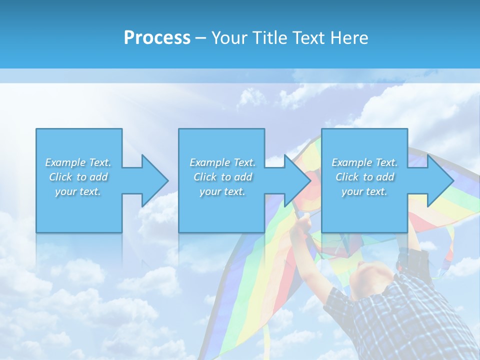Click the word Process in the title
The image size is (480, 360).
pos(157,38)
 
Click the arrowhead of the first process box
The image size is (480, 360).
pos(154,180)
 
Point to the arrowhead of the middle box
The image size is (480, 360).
pos(297,180)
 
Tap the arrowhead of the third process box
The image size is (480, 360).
pos(440,180)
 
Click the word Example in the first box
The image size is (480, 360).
pos(65,162)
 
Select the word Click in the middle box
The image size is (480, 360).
pos(205,177)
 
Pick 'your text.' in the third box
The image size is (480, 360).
pos(364,191)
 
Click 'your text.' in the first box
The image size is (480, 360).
pos(78,191)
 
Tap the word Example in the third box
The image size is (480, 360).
pos(352,162)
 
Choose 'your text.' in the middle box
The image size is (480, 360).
pos(222,191)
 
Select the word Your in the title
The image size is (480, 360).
pos(229,38)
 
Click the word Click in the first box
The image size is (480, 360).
pos(60,177)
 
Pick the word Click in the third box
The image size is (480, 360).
pos(347,177)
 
